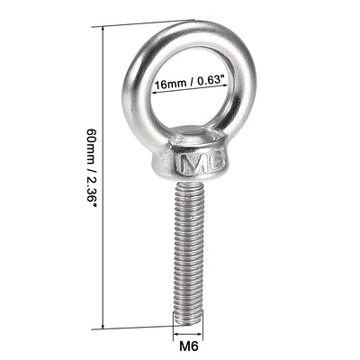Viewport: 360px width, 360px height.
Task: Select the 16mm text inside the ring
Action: [x=169, y=86]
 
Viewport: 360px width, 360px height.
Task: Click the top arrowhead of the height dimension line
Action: [x=108, y=29]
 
